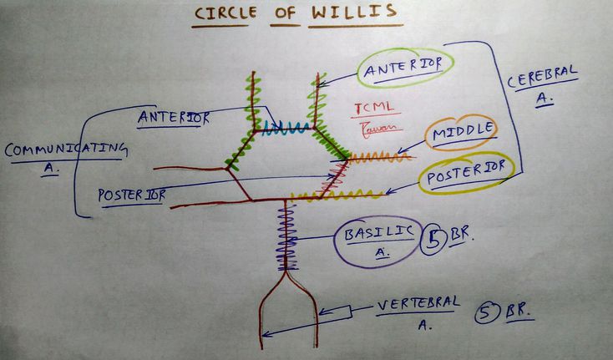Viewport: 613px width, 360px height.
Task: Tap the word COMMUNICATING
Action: coord(65,150)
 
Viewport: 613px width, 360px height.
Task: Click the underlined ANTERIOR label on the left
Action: coord(174,117)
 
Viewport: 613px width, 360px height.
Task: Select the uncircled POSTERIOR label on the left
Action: coord(131,195)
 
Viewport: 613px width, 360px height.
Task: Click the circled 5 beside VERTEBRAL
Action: coord(486,313)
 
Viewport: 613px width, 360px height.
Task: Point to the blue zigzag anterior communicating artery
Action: coord(287,128)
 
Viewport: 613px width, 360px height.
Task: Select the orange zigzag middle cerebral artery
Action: coord(379,156)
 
